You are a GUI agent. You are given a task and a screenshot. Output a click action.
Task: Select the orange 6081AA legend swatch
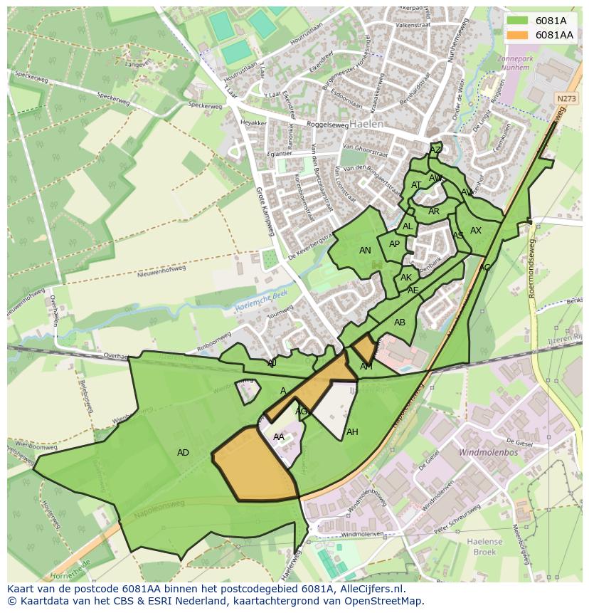click(x=518, y=35)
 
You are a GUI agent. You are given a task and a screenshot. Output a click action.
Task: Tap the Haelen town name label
click(x=366, y=123)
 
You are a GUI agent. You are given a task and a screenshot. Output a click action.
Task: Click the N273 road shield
click(x=566, y=99)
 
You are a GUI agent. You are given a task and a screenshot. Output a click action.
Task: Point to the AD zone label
click(x=183, y=453)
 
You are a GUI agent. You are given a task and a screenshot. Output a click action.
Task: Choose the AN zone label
click(x=365, y=251)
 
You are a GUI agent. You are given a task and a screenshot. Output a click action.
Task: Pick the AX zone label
click(x=476, y=231)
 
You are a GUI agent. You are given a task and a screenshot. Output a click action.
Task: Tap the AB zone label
click(x=400, y=323)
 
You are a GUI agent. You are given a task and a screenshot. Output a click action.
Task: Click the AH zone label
click(x=352, y=432)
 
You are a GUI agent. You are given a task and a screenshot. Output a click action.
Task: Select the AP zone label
click(x=394, y=244)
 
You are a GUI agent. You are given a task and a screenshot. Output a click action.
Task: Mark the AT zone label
click(x=416, y=185)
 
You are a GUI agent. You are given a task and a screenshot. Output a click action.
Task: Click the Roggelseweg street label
click(x=307, y=124)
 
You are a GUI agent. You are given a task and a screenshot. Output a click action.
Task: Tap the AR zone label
click(x=434, y=211)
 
